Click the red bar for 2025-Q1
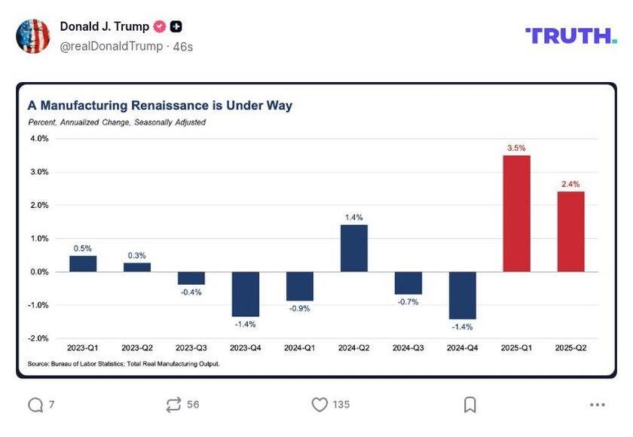pyautogui.click(x=516, y=213)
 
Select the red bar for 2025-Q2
pyautogui.click(x=570, y=231)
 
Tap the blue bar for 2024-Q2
pyautogui.click(x=353, y=248)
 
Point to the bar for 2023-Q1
pyautogui.click(x=83, y=264)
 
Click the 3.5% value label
pyautogui.click(x=516, y=148)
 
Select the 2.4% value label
pyautogui.click(x=570, y=184)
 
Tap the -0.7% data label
pyautogui.click(x=408, y=302)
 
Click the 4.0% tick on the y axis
pyautogui.click(x=39, y=139)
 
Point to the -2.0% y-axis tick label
pyautogui.click(x=38, y=338)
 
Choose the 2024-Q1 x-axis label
pyautogui.click(x=299, y=348)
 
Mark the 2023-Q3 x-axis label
pyautogui.click(x=191, y=348)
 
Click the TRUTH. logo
pyautogui.click(x=570, y=35)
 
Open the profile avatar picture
pyautogui.click(x=33, y=35)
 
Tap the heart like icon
pyautogui.click(x=320, y=405)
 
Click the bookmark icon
pyautogui.click(x=469, y=405)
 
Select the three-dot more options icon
pyautogui.click(x=598, y=405)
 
